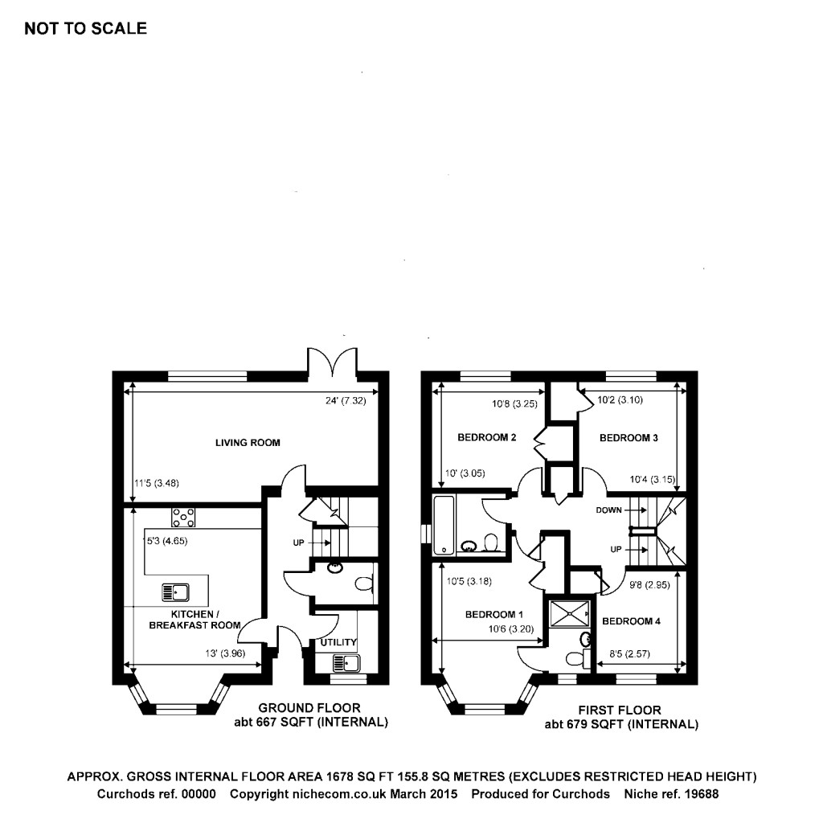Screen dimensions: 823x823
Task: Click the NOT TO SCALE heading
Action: pyautogui.click(x=86, y=29)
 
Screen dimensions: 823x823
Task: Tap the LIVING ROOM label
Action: pyautogui.click(x=248, y=443)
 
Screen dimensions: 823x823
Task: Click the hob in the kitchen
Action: pyautogui.click(x=183, y=517)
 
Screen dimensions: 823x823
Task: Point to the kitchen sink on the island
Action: pyautogui.click(x=175, y=592)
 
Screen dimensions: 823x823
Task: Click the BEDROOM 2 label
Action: pyautogui.click(x=486, y=438)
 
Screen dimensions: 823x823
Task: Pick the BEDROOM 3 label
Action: pyautogui.click(x=629, y=438)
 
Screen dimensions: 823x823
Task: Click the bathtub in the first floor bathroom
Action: pyautogui.click(x=444, y=526)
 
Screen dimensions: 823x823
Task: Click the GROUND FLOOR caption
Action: pyautogui.click(x=309, y=708)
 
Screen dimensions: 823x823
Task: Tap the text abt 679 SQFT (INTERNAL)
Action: pyautogui.click(x=621, y=724)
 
